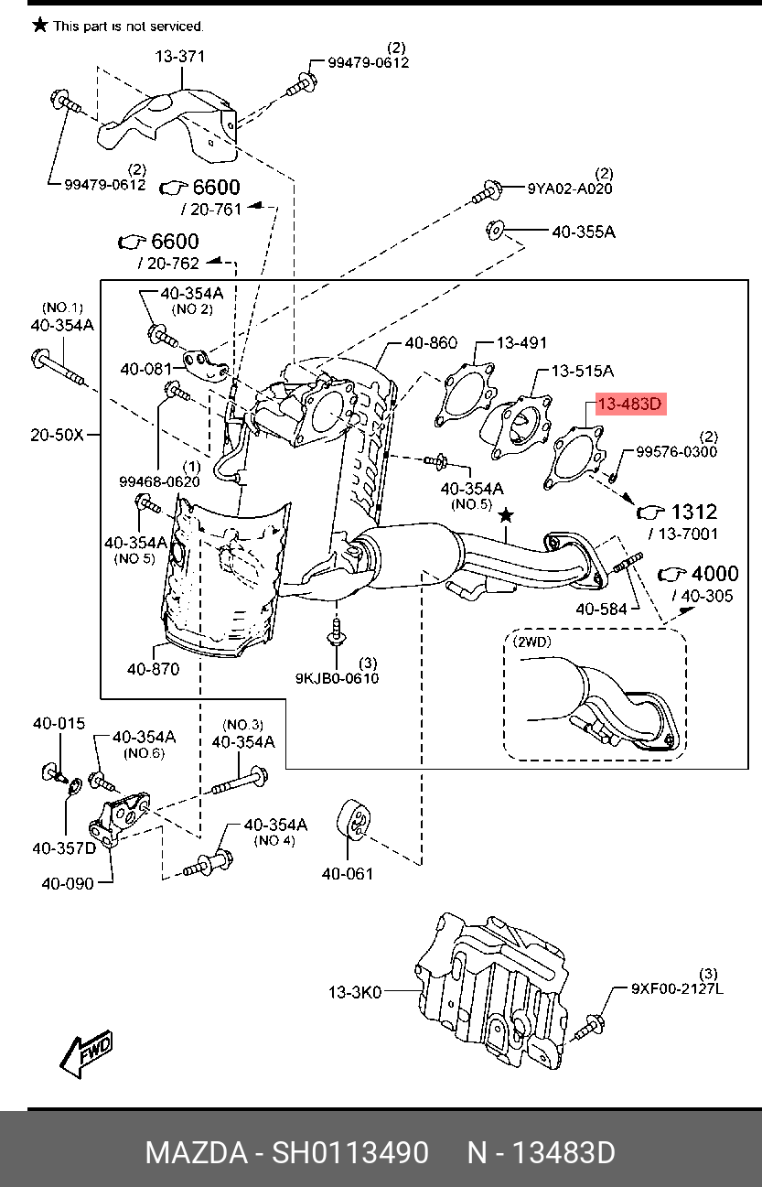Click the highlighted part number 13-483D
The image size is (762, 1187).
pyautogui.click(x=630, y=405)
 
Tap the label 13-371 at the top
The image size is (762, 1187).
pyautogui.click(x=179, y=56)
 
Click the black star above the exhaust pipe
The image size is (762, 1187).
pyautogui.click(x=506, y=515)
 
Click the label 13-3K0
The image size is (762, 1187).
pyautogui.click(x=355, y=991)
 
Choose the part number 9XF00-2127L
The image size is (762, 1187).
pyautogui.click(x=677, y=988)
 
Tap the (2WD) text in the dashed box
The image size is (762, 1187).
pyautogui.click(x=532, y=642)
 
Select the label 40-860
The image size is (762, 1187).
pyautogui.click(x=431, y=343)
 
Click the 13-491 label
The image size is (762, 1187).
pyautogui.click(x=521, y=343)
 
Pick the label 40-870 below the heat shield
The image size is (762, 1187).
pyautogui.click(x=153, y=669)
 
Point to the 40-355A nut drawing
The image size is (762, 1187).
pyautogui.click(x=495, y=230)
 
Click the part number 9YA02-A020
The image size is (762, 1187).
pyautogui.click(x=570, y=189)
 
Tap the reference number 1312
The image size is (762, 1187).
pyautogui.click(x=694, y=512)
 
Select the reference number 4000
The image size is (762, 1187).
pyautogui.click(x=714, y=573)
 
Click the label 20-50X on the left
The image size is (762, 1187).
pyautogui.click(x=57, y=435)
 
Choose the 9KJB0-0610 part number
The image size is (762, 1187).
pyautogui.click(x=337, y=678)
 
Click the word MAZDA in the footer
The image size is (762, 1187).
pyautogui.click(x=197, y=1152)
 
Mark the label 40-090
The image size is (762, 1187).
pyautogui.click(x=68, y=883)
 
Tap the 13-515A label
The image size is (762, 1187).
pyautogui.click(x=583, y=371)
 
